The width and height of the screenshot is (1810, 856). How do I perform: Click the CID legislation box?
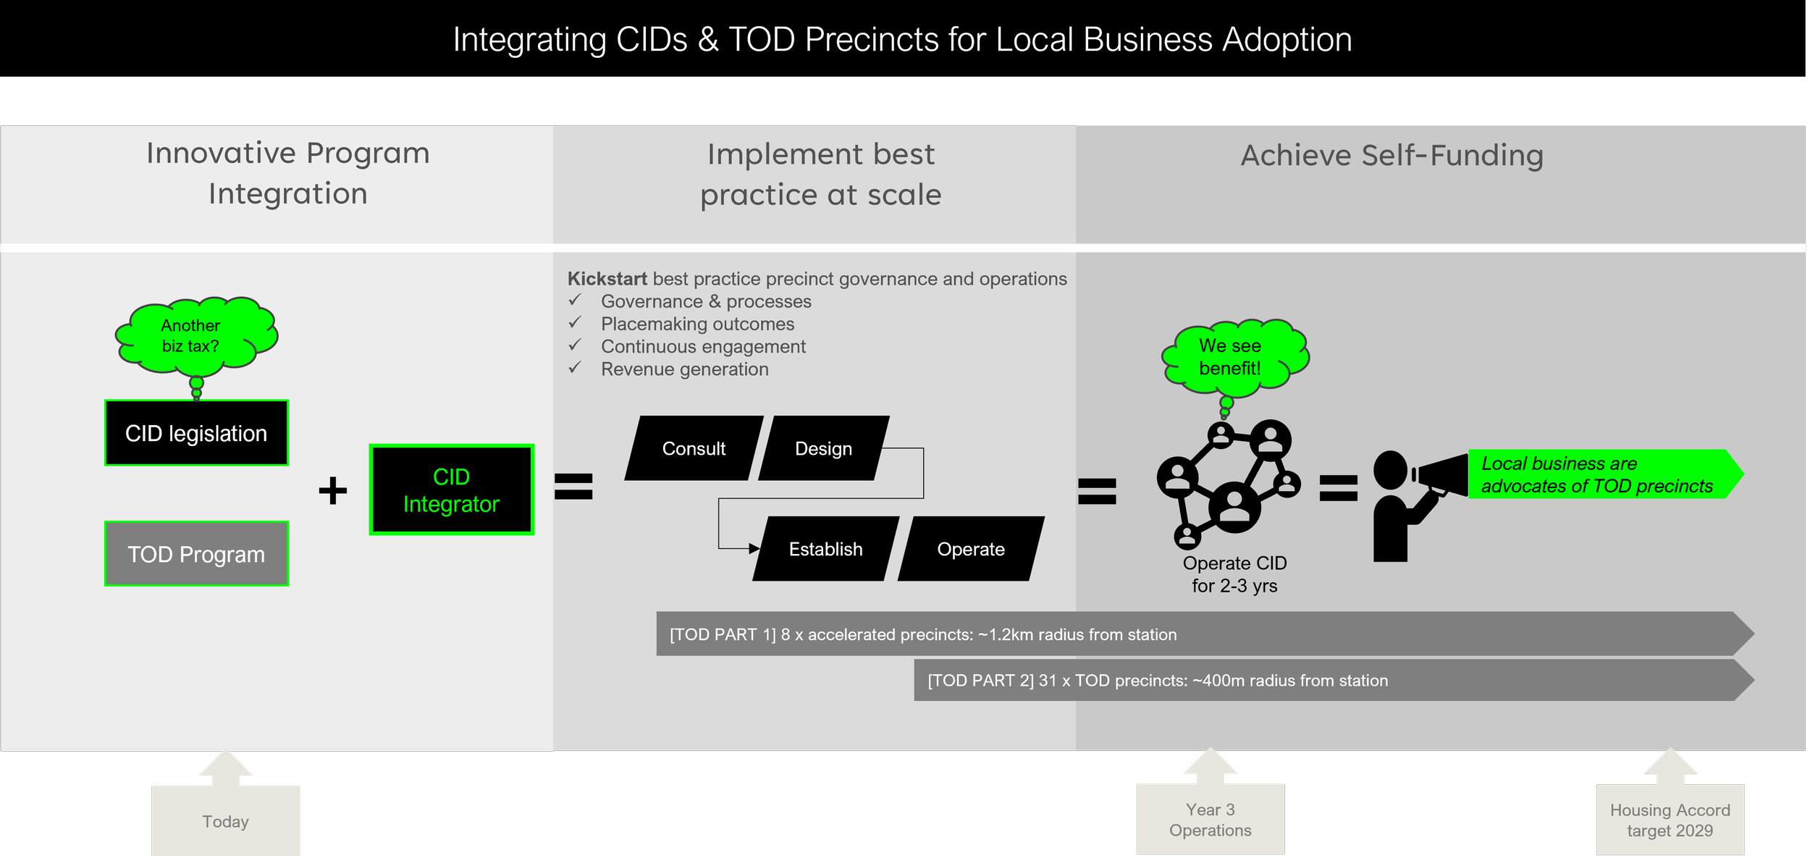point(196,433)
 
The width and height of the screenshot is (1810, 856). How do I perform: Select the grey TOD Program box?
point(196,554)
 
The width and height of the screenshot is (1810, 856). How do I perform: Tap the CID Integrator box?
point(451,490)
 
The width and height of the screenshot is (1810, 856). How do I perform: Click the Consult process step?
point(694,448)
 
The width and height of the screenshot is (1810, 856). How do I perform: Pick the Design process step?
point(823,448)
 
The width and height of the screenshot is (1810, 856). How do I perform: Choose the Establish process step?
point(825,549)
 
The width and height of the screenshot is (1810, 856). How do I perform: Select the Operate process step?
point(970,549)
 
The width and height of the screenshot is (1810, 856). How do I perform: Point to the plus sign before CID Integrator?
point(333,490)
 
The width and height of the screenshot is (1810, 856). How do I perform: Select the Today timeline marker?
point(226,821)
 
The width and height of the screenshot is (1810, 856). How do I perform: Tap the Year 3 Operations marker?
point(1210,819)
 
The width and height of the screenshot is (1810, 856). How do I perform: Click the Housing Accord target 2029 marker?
point(1670,820)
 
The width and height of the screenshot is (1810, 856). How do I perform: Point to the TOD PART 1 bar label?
point(923,634)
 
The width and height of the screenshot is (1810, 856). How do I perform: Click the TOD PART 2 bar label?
point(1158,681)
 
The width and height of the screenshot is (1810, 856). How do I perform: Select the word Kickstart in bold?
point(607,279)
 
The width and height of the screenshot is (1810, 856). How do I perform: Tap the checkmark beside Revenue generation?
point(575,368)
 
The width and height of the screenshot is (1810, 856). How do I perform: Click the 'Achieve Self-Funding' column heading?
point(1392,155)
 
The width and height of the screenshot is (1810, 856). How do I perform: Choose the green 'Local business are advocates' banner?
point(1596,474)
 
